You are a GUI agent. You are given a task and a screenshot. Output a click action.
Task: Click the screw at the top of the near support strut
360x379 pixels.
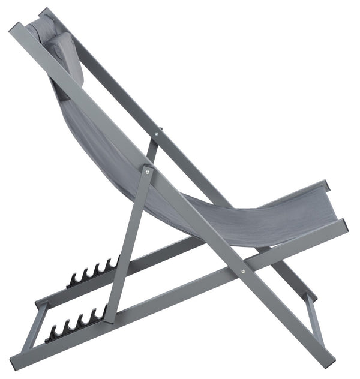[x=147, y=172]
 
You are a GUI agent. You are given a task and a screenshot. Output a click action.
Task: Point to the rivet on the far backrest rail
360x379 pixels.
[x=158, y=128]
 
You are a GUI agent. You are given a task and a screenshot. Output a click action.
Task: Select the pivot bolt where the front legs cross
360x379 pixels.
[x=242, y=271]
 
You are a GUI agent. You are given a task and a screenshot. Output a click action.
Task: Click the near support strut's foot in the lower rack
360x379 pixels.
[x=110, y=316]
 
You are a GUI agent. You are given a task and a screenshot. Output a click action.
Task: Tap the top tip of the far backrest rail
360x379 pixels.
[x=45, y=12]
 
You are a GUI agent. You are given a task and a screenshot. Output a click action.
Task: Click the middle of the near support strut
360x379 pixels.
[x=128, y=246]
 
